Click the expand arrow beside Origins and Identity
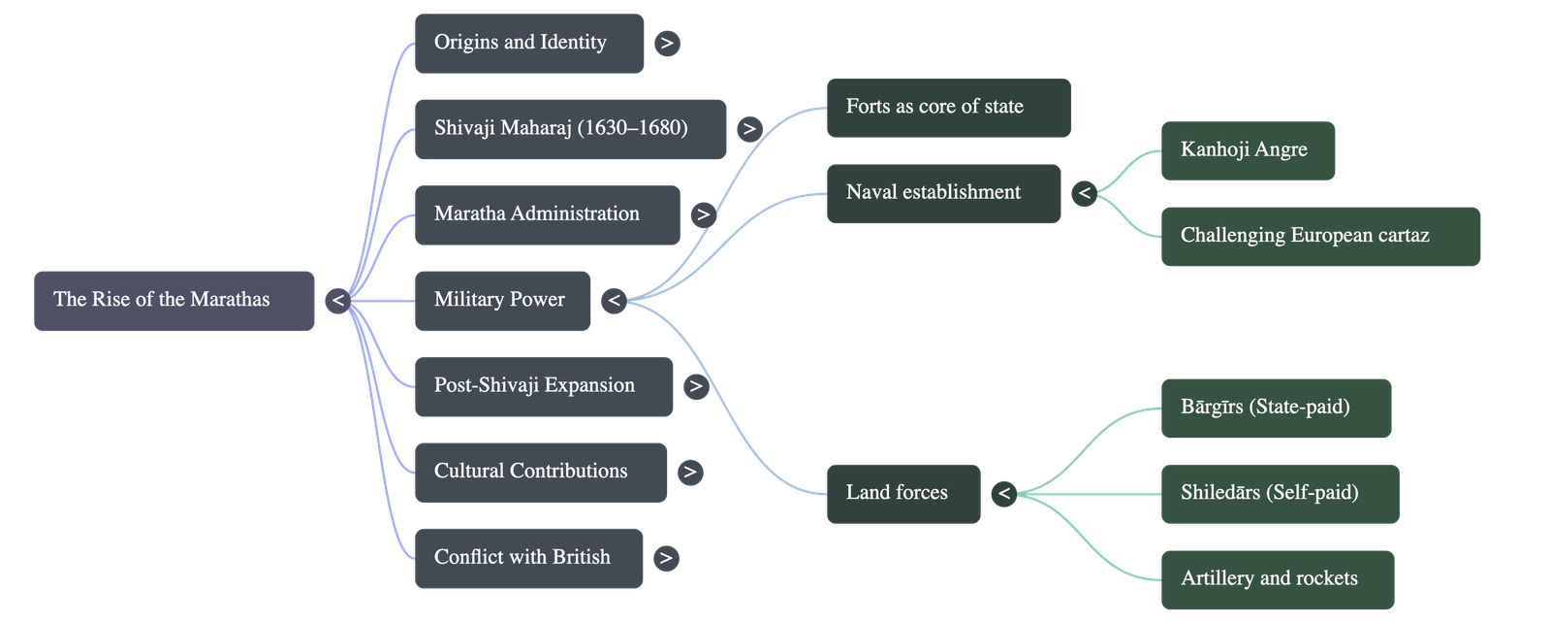click(667, 44)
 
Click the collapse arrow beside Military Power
click(613, 301)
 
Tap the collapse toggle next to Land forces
click(1003, 494)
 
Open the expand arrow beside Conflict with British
click(665, 558)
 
